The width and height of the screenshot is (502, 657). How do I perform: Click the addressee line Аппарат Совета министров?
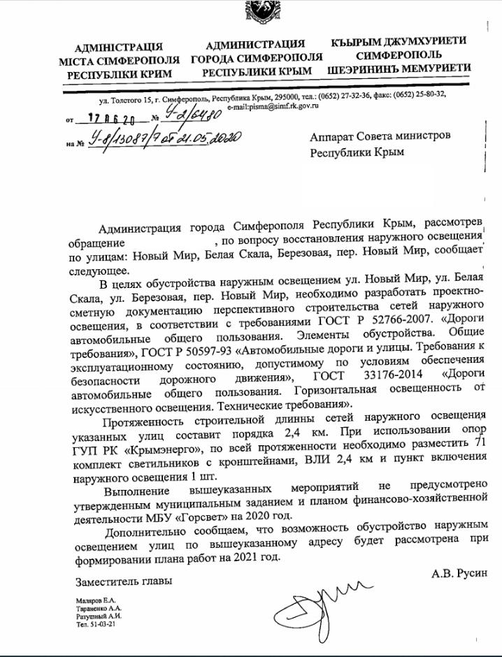tap(380, 136)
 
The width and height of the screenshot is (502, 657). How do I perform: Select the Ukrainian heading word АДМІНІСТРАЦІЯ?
tap(117, 47)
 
